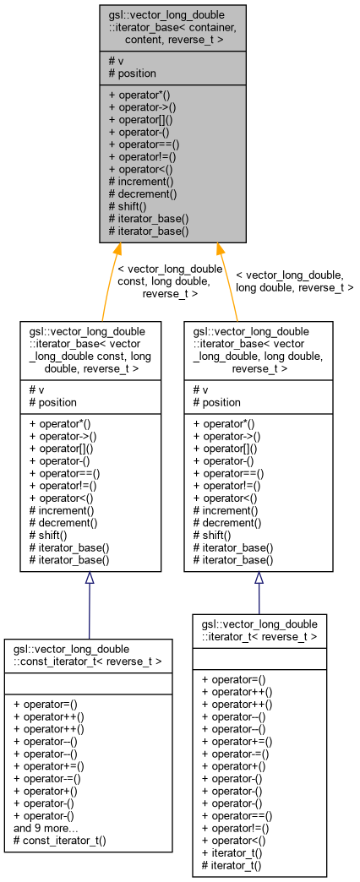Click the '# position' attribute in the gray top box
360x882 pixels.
(x=133, y=73)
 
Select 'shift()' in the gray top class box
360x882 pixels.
(x=128, y=205)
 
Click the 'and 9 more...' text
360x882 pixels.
(x=46, y=829)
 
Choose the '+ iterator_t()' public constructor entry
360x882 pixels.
(x=231, y=853)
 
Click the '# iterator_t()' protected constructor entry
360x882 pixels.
(x=231, y=866)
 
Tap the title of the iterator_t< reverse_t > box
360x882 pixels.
(x=259, y=629)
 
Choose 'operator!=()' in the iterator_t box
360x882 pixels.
(x=233, y=829)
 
